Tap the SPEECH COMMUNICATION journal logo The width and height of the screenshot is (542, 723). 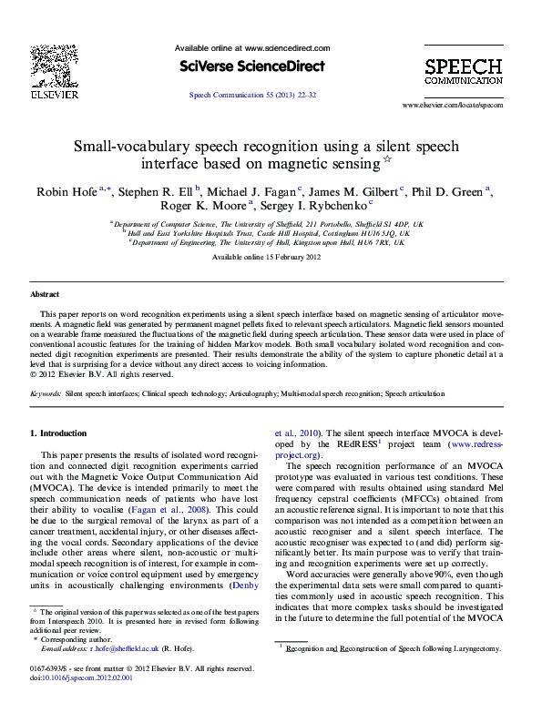click(463, 71)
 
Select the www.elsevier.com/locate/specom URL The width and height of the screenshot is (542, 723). click(452, 106)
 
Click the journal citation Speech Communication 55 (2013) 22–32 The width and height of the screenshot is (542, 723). click(251, 95)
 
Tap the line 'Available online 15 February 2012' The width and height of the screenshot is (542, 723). click(265, 258)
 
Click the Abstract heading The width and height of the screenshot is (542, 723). click(45, 295)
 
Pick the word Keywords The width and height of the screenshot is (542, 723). click(45, 394)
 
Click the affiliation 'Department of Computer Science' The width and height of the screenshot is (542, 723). click(153, 223)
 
